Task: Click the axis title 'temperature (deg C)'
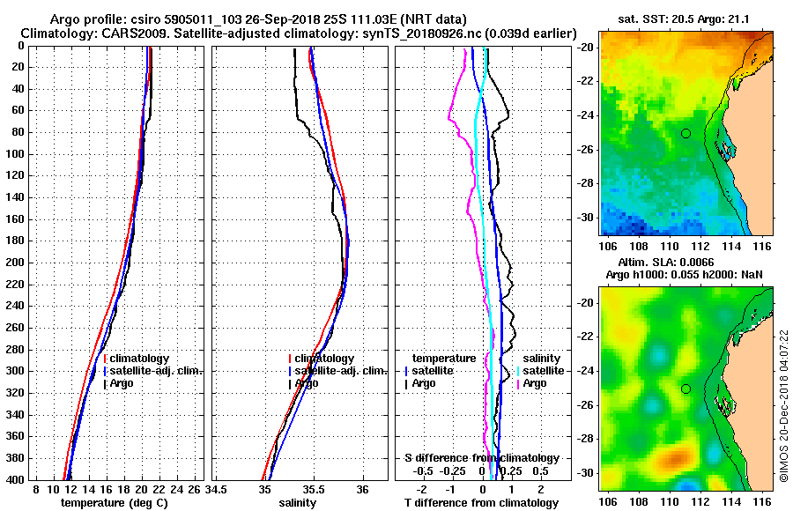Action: (114, 502)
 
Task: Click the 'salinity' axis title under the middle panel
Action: (298, 502)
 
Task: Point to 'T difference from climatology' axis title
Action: (482, 502)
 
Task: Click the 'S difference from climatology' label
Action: (482, 458)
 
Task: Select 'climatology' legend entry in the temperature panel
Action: (141, 359)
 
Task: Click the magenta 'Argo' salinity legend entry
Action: (535, 383)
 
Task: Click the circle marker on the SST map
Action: (686, 133)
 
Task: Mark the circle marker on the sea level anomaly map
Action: (686, 389)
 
